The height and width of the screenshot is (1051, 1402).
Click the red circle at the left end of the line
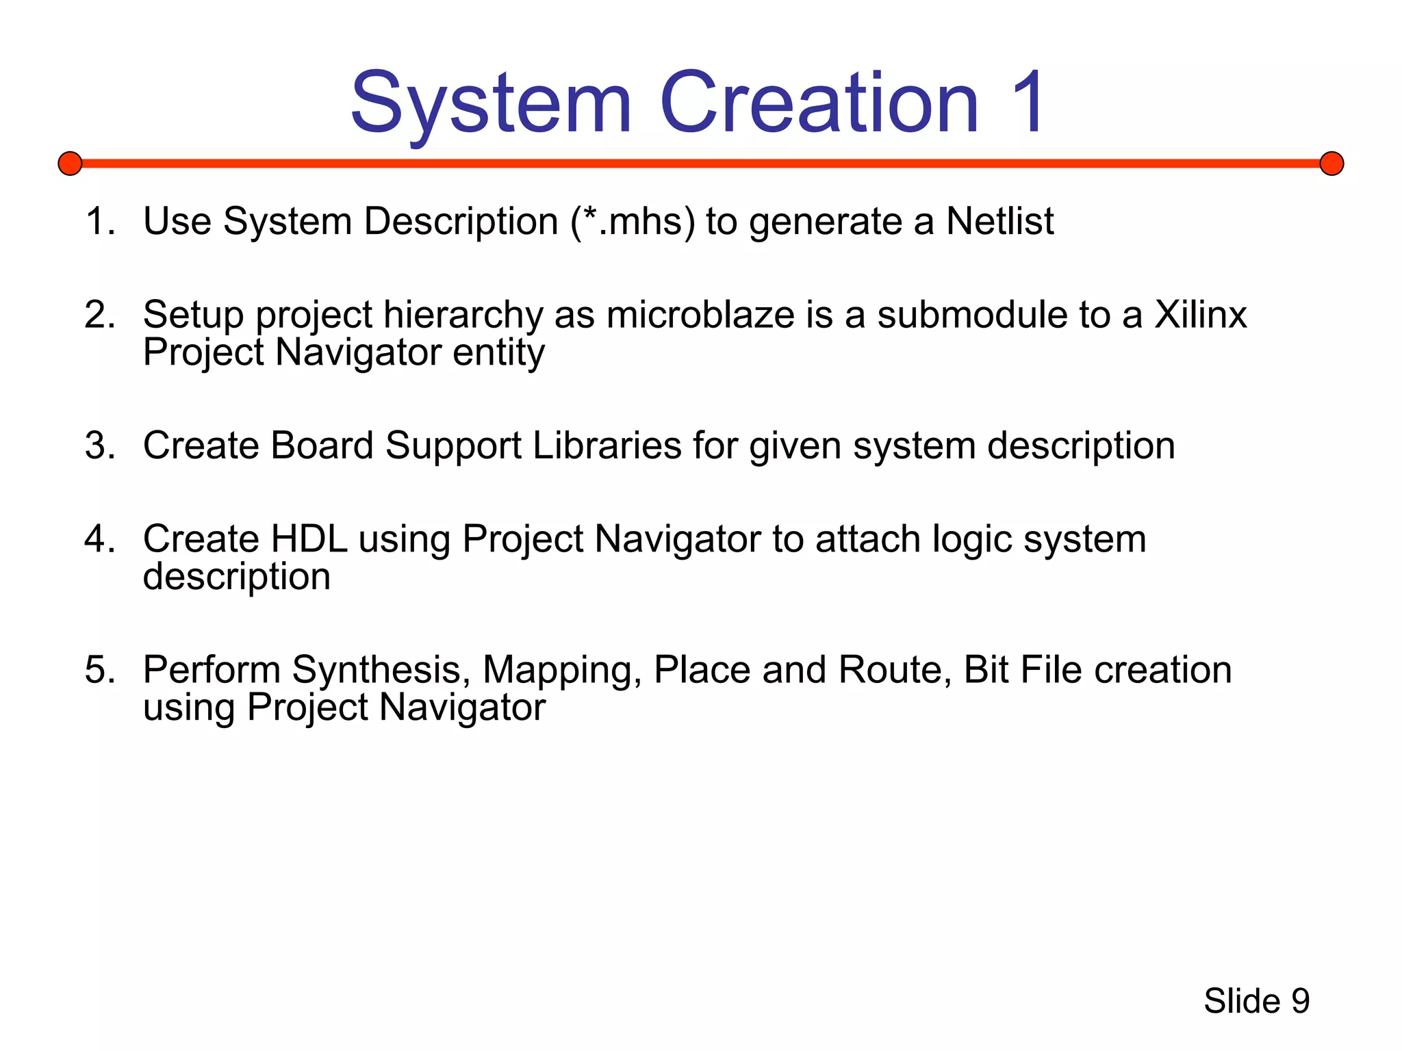pyautogui.click(x=70, y=164)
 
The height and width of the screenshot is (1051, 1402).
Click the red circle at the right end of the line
pyautogui.click(x=1331, y=164)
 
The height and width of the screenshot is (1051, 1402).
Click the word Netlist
pyautogui.click(x=999, y=222)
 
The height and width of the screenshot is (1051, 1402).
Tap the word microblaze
pyautogui.click(x=700, y=315)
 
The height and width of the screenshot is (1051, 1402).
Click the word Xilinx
pyautogui.click(x=1201, y=315)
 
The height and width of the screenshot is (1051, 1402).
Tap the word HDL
pyautogui.click(x=309, y=539)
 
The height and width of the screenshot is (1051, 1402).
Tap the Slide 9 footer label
pyautogui.click(x=1256, y=1002)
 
